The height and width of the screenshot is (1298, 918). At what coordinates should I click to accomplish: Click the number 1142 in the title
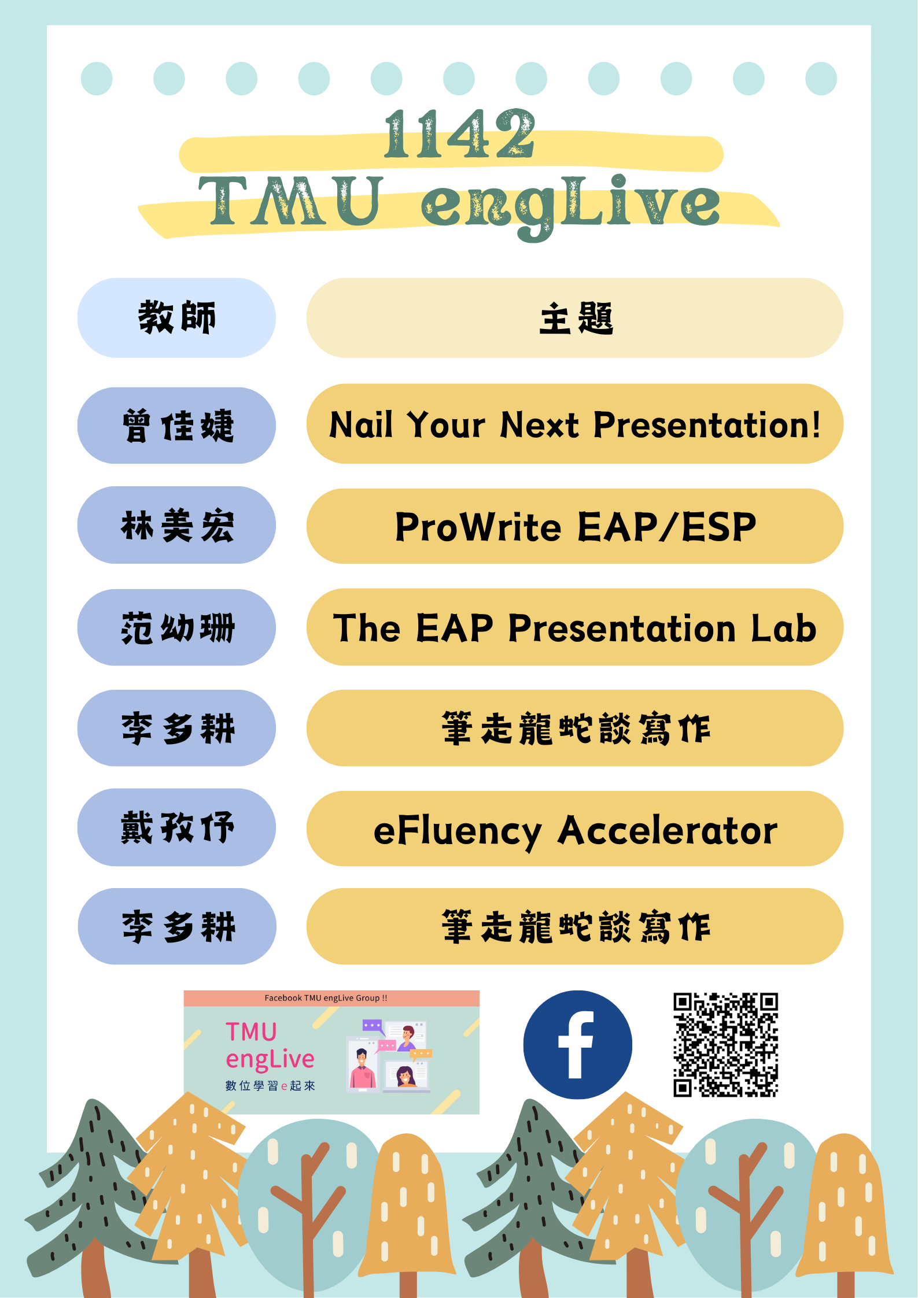pyautogui.click(x=460, y=135)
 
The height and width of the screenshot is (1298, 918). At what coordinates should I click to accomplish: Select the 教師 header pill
pyautogui.click(x=176, y=318)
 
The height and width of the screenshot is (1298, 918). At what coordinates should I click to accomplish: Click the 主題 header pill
pyautogui.click(x=575, y=318)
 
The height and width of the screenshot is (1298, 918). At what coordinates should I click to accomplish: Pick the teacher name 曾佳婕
pyautogui.click(x=176, y=426)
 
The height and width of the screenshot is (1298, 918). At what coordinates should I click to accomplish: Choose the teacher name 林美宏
pyautogui.click(x=176, y=526)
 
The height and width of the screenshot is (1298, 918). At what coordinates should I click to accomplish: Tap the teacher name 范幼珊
pyautogui.click(x=176, y=628)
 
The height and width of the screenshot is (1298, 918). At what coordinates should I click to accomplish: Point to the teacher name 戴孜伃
pyautogui.click(x=176, y=828)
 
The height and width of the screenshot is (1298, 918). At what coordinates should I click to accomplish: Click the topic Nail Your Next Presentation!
pyautogui.click(x=575, y=425)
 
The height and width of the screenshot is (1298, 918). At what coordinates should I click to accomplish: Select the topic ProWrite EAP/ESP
pyautogui.click(x=575, y=527)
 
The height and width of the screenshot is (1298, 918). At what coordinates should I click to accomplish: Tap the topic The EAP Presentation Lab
pyautogui.click(x=575, y=628)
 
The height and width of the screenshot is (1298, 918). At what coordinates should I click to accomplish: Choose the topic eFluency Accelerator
pyautogui.click(x=575, y=830)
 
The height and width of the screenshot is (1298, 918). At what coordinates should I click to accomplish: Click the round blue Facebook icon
pyautogui.click(x=577, y=1044)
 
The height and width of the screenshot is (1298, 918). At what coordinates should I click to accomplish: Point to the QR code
pyautogui.click(x=725, y=1044)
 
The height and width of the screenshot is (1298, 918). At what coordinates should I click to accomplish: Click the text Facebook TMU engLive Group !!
pyautogui.click(x=326, y=998)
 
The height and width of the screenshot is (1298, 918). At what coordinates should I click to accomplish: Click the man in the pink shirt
pyautogui.click(x=362, y=1070)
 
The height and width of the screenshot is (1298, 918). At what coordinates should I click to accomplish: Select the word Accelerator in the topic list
pyautogui.click(x=667, y=830)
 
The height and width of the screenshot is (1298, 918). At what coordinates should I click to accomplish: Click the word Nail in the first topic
pyautogui.click(x=361, y=425)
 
